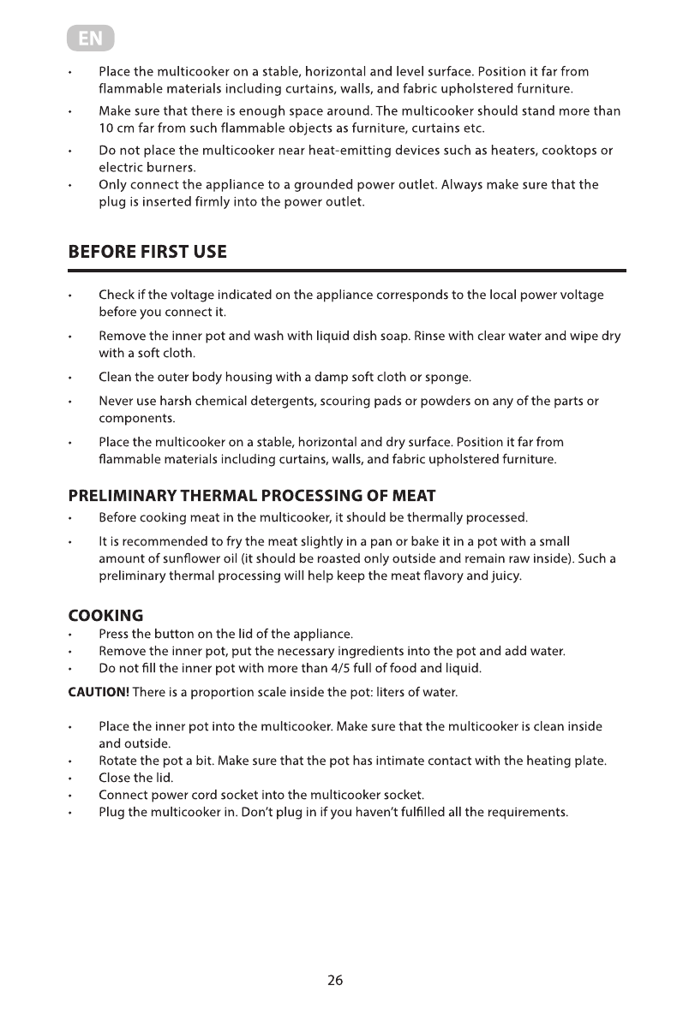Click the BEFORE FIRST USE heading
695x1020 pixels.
coord(147,252)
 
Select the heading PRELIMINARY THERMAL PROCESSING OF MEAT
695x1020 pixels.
coord(252,496)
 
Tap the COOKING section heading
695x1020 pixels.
coord(105,616)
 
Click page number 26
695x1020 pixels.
coord(335,981)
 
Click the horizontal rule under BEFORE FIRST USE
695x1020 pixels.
coord(347,271)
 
